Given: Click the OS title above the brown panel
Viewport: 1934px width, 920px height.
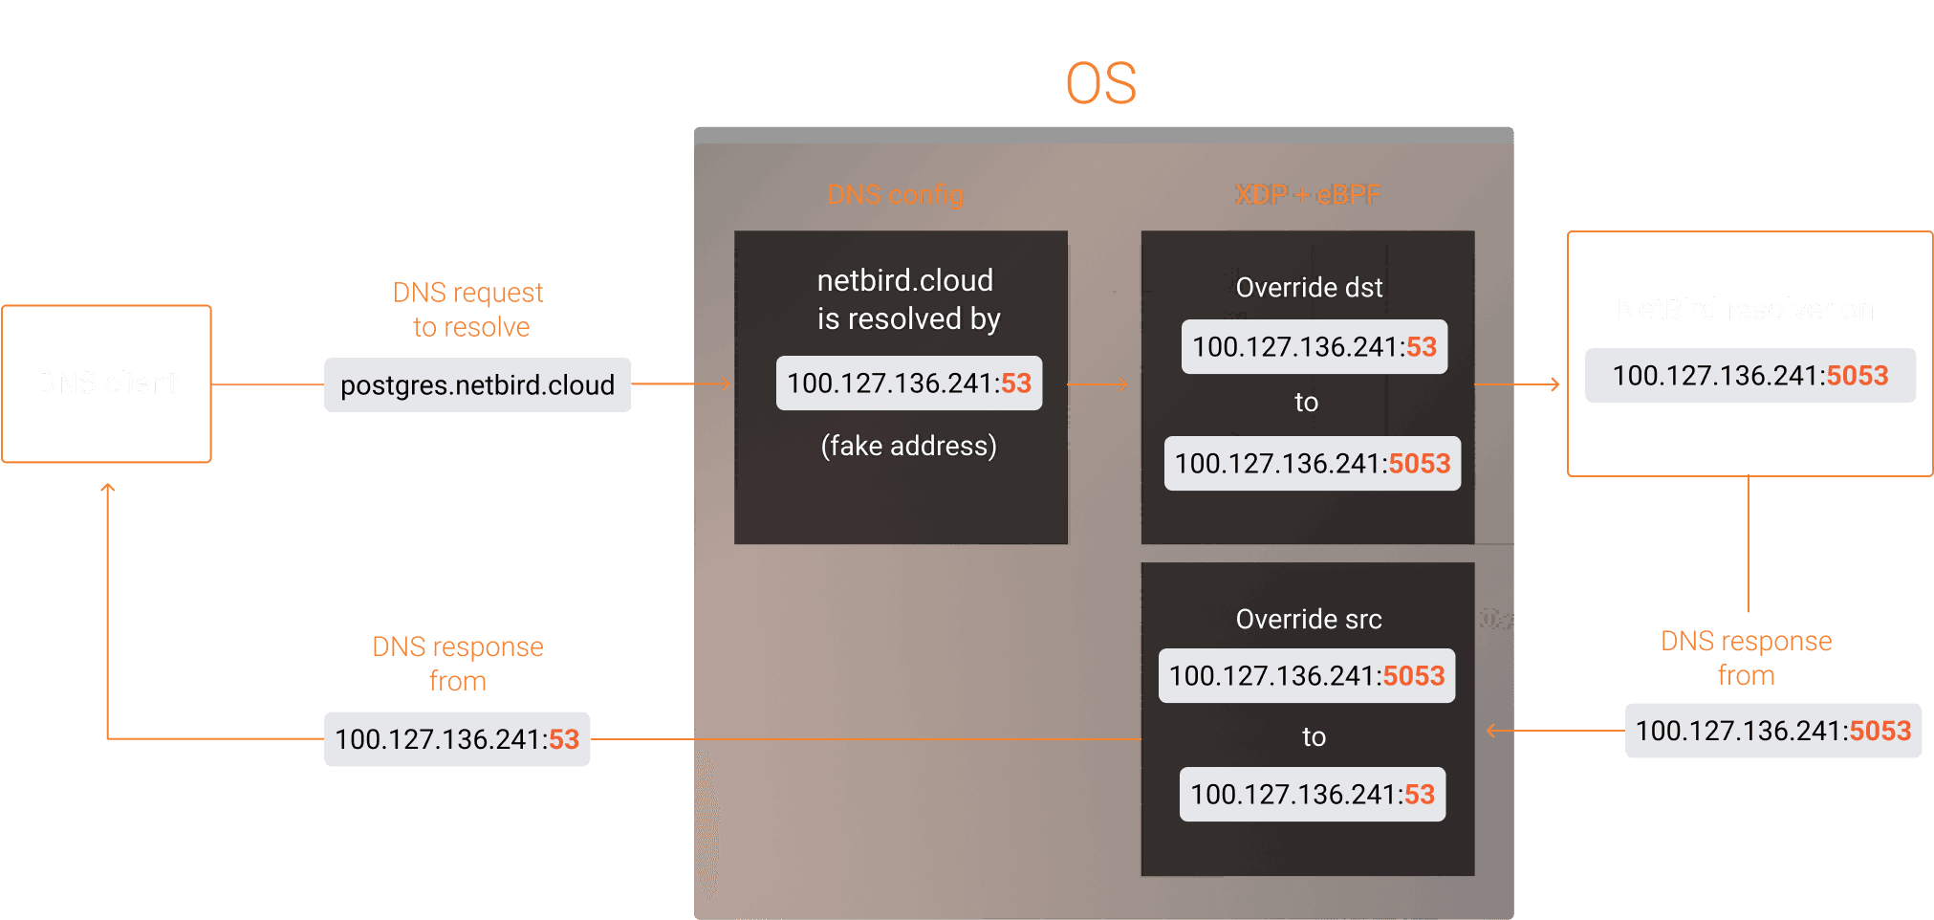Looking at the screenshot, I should pyautogui.click(x=1100, y=83).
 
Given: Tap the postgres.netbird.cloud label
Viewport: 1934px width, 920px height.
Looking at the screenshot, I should pyautogui.click(x=477, y=385).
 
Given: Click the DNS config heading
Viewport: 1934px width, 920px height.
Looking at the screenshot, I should pyautogui.click(x=895, y=195).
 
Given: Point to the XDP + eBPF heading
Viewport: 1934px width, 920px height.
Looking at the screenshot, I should pyautogui.click(x=1307, y=195).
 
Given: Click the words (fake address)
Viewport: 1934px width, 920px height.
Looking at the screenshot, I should pyautogui.click(x=908, y=446).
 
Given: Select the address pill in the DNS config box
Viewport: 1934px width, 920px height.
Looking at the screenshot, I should pyautogui.click(x=908, y=383).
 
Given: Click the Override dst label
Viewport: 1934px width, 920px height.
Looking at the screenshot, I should pyautogui.click(x=1309, y=288).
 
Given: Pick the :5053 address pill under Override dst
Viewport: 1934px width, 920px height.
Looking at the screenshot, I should pyautogui.click(x=1312, y=464).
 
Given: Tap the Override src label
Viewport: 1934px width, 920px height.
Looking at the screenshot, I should pyautogui.click(x=1309, y=620).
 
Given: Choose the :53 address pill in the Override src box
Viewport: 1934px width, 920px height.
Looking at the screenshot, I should pyautogui.click(x=1312, y=795).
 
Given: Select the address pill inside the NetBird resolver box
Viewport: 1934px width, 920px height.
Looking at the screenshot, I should pyautogui.click(x=1749, y=376).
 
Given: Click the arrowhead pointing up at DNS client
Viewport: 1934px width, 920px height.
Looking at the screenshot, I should pyautogui.click(x=108, y=489).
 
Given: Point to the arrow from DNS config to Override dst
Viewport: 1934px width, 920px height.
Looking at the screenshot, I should pyautogui.click(x=1098, y=384).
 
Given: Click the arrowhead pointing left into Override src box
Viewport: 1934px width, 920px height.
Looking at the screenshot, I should pyautogui.click(x=1492, y=732).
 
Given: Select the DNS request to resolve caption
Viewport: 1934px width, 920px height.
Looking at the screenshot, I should pyautogui.click(x=468, y=310).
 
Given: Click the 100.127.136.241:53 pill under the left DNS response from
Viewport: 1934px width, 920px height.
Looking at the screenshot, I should pyautogui.click(x=457, y=739).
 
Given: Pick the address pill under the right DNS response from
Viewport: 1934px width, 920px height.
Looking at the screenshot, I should pyautogui.click(x=1772, y=732).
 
